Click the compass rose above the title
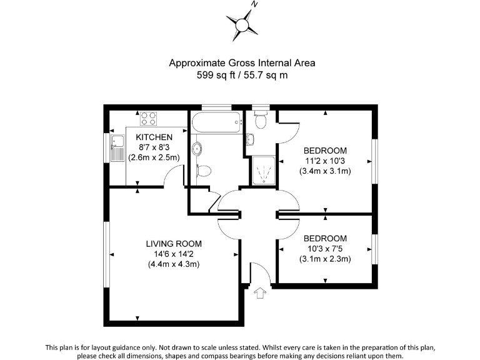coord(241,23)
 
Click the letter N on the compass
coord(254,4)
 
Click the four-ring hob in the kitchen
coord(148,117)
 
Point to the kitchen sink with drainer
coord(116,148)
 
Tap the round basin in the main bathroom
coord(197,148)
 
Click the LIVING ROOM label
coord(174,243)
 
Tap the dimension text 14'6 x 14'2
coord(174,254)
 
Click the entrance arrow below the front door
coord(261,292)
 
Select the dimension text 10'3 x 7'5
coord(324,249)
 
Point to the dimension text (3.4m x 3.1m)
coord(324,171)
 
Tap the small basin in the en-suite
coord(250,139)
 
